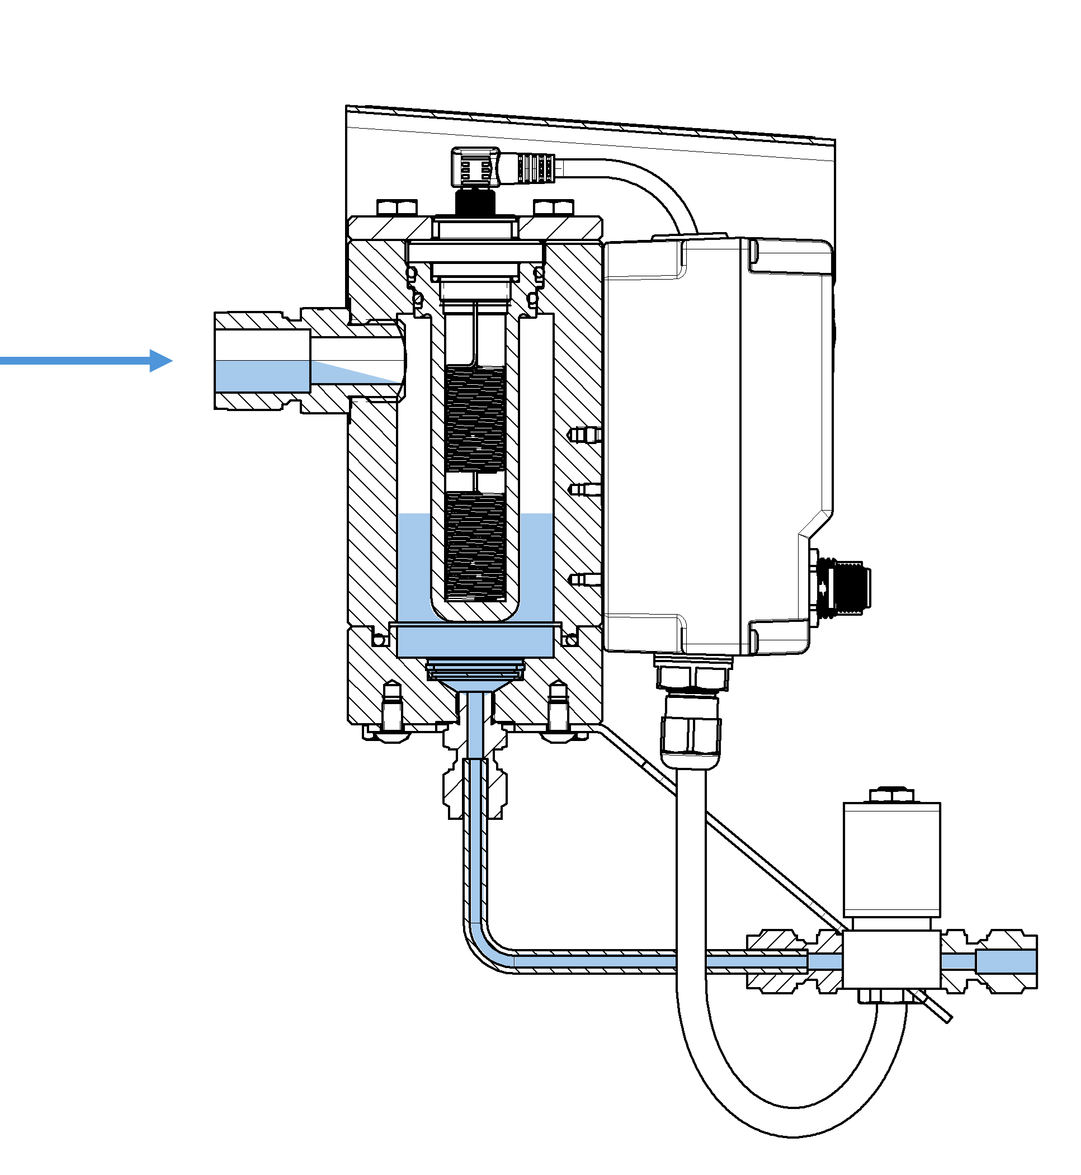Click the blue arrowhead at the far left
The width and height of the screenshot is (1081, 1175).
(160, 360)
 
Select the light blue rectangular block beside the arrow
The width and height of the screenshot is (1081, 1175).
(262, 375)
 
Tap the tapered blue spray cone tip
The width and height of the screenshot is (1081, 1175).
(351, 372)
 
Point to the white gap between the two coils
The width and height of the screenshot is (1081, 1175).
(475, 481)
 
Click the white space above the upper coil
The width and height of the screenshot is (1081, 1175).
(475, 348)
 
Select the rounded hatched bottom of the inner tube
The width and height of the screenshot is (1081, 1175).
(475, 612)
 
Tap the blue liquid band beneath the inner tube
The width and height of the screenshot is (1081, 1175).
(475, 641)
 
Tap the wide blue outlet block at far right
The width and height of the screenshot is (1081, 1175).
(1006, 961)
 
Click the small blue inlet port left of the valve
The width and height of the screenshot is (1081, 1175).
(825, 961)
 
